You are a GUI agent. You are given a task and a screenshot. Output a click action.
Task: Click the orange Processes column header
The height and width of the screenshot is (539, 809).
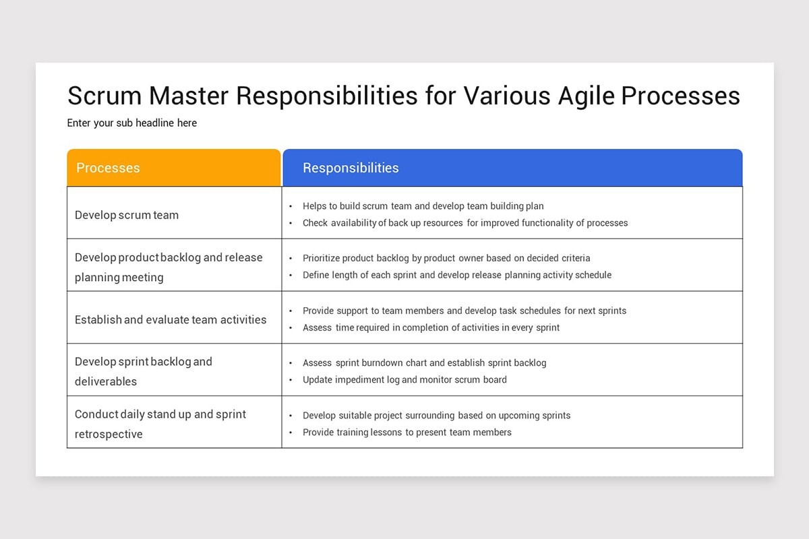pos(173,168)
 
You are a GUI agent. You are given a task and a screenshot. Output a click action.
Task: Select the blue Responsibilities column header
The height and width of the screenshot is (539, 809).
pos(512,168)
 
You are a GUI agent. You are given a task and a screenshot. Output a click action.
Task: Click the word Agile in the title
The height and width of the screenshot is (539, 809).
pos(586,96)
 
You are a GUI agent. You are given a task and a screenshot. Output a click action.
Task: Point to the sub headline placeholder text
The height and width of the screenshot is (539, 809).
pos(132,123)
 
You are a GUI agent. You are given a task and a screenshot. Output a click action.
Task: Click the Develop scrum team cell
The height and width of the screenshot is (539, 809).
pos(127,216)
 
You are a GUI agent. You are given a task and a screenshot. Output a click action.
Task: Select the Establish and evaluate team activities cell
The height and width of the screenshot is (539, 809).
pos(171,320)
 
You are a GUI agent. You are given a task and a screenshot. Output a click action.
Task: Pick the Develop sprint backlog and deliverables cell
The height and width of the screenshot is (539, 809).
pos(144,371)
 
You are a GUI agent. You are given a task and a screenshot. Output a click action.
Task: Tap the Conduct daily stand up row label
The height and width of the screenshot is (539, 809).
pos(160,424)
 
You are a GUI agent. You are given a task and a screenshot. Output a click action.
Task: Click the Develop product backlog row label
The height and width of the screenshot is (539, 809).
pos(169,267)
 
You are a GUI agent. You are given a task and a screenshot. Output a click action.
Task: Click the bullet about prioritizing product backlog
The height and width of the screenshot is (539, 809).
pos(446,258)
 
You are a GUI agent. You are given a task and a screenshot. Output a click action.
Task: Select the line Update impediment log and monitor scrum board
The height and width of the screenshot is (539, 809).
pos(404,380)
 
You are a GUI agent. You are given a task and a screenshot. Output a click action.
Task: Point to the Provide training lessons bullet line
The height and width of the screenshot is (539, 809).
pos(407,433)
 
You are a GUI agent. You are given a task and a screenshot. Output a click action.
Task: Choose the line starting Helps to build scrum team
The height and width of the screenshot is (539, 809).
pos(423,206)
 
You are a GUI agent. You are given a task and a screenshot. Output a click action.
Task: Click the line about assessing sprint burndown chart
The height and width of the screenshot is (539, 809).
pos(424,363)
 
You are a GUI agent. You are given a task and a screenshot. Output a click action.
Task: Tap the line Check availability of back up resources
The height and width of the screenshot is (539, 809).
pos(465,223)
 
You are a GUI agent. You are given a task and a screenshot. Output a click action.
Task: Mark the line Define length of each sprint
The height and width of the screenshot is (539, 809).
pos(457,275)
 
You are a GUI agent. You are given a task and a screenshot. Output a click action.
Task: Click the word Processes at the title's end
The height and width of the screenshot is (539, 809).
pos(680,96)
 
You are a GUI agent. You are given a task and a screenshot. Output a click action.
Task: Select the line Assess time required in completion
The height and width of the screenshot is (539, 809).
pos(431,327)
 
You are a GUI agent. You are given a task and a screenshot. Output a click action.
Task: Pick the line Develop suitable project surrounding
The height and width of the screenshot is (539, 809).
pos(436,416)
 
